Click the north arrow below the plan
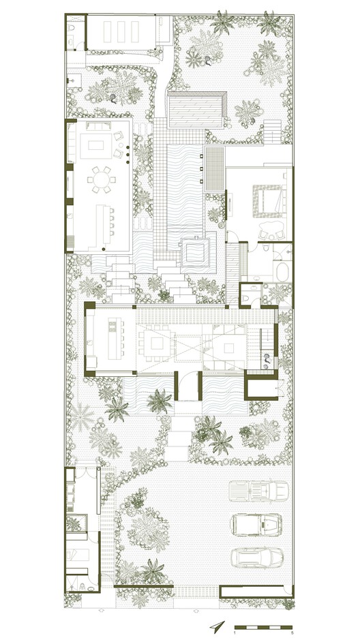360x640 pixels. [217, 626]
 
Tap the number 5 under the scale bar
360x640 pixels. [292, 633]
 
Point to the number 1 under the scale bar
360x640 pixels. [235, 633]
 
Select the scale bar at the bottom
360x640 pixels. [263, 626]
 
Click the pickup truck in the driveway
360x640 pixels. [256, 489]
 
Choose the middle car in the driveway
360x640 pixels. [256, 523]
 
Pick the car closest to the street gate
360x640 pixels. [256, 558]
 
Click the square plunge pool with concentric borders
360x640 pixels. [195, 253]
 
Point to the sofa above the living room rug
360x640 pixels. [100, 127]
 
